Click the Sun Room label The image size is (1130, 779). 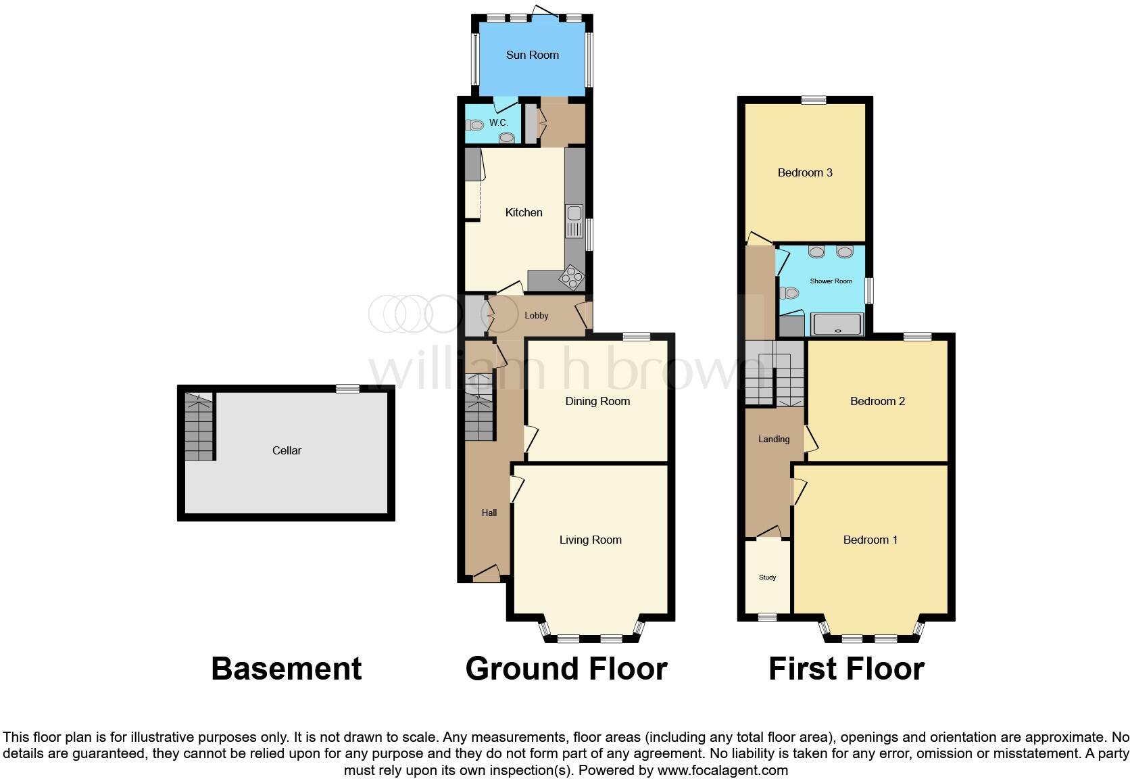pos(532,55)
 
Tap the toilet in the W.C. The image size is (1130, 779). pos(475,124)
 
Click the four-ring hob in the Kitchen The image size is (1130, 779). pos(572,277)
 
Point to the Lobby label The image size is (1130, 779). pos(537,316)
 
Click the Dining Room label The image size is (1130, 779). pos(597,402)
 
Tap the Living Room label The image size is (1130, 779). pos(590,540)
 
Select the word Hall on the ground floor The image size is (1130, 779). pos(489,513)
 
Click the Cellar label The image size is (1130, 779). pos(287,450)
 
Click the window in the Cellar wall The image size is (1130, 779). pos(348,388)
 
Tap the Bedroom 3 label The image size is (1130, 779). pos(805,173)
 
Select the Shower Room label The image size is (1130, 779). pos(831,281)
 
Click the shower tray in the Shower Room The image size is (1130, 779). pos(837,325)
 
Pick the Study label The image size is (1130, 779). pos(767,577)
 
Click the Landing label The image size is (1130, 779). pos(774,440)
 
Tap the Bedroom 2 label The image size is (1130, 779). pos(877,402)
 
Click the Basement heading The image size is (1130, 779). pos(287,669)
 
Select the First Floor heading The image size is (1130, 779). pos(846,669)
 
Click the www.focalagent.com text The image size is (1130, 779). pos(722,770)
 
